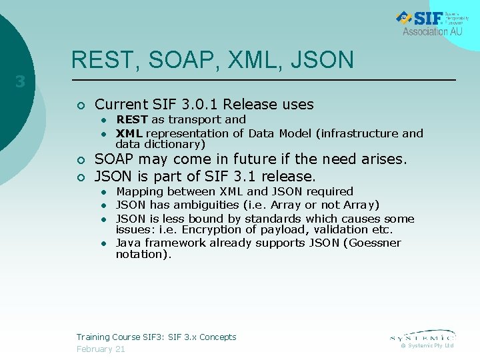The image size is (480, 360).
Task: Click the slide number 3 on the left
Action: pos(21,83)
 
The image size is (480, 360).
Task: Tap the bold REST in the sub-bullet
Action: pos(132,119)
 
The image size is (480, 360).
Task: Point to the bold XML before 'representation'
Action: pos(129,133)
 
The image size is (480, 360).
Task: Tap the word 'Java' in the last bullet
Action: pos(129,243)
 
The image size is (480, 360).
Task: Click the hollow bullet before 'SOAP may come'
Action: pos(80,160)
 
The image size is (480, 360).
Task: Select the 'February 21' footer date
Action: pos(101,349)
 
